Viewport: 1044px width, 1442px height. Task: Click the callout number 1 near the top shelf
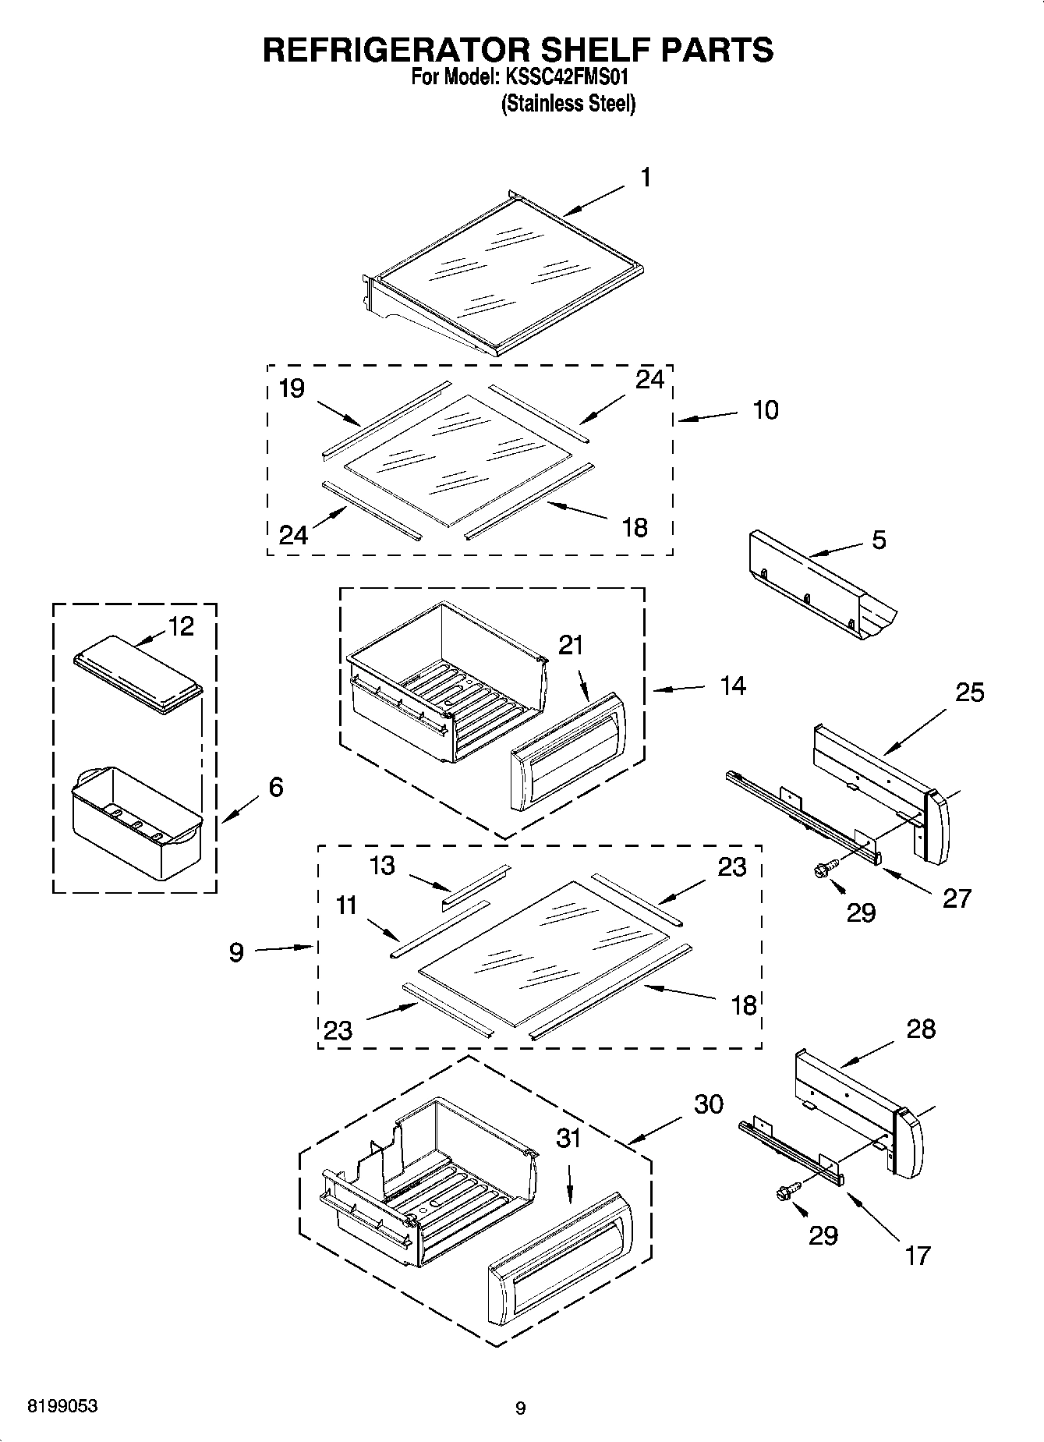(x=646, y=178)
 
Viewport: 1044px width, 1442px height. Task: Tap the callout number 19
(x=291, y=388)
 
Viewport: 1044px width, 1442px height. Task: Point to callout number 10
(x=765, y=410)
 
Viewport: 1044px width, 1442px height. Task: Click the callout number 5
(x=879, y=540)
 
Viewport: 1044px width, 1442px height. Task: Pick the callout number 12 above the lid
(x=181, y=626)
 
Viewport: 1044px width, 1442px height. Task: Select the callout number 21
(x=571, y=646)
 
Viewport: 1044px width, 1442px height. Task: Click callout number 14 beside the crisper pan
(x=732, y=686)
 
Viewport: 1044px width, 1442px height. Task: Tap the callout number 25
(x=969, y=693)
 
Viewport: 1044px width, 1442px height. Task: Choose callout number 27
(x=957, y=898)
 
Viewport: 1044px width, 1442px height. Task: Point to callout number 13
(x=382, y=866)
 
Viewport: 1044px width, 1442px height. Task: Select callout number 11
(x=346, y=905)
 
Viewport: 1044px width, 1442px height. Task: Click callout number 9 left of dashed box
(x=236, y=952)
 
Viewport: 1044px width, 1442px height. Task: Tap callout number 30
(x=708, y=1104)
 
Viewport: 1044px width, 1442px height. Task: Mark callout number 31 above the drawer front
(x=568, y=1139)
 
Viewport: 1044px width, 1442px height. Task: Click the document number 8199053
(x=62, y=1406)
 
